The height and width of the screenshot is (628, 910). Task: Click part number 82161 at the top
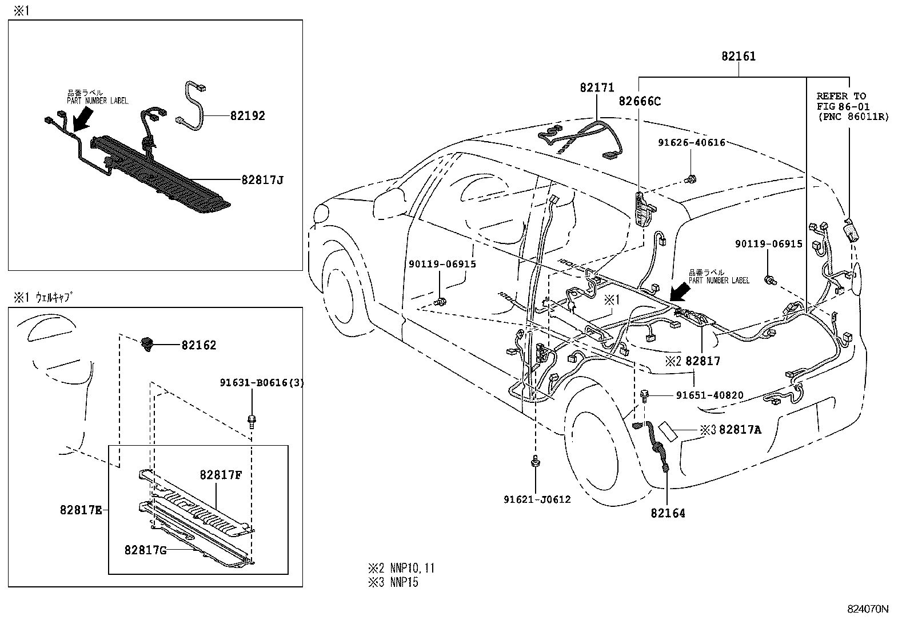(738, 56)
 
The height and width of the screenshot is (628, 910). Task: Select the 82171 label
(597, 87)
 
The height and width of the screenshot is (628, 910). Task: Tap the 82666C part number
(640, 101)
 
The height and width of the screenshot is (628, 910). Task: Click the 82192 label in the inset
(248, 116)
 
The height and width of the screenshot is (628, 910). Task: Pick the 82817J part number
(262, 181)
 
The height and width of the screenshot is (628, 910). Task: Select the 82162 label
(199, 345)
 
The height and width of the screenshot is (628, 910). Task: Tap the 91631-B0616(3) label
(262, 383)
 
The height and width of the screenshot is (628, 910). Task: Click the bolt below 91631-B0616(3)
(252, 421)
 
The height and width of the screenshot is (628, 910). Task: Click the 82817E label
(81, 509)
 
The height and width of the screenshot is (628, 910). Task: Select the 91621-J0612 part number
(537, 499)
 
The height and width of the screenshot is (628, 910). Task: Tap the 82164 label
(668, 513)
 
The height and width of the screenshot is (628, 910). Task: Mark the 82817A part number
(740, 430)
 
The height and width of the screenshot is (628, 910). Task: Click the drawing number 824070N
(868, 609)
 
